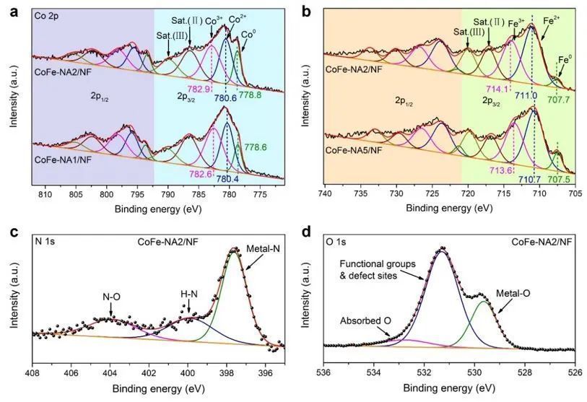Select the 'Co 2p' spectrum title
46,16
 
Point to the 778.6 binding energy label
256,147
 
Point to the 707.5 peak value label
559,180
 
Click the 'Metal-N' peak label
264,248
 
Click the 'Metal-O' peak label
513,294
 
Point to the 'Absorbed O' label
365,320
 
